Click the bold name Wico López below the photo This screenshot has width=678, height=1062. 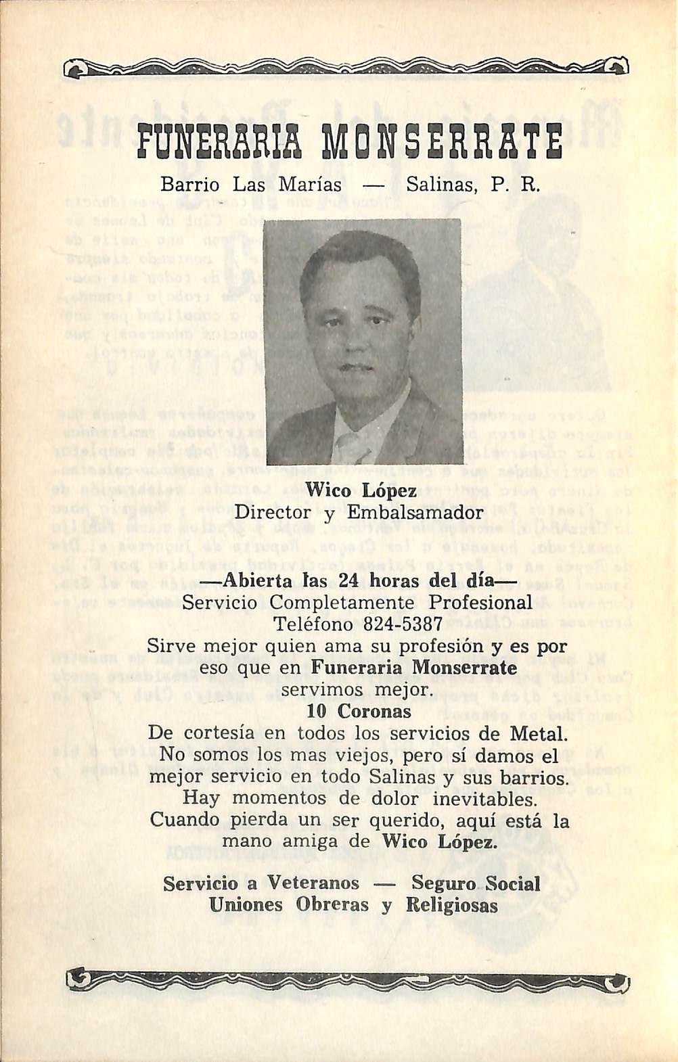(x=361, y=492)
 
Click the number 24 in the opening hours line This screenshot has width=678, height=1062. (x=347, y=580)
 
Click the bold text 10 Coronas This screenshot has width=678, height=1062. (x=359, y=712)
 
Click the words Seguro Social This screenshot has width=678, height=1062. (x=476, y=883)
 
